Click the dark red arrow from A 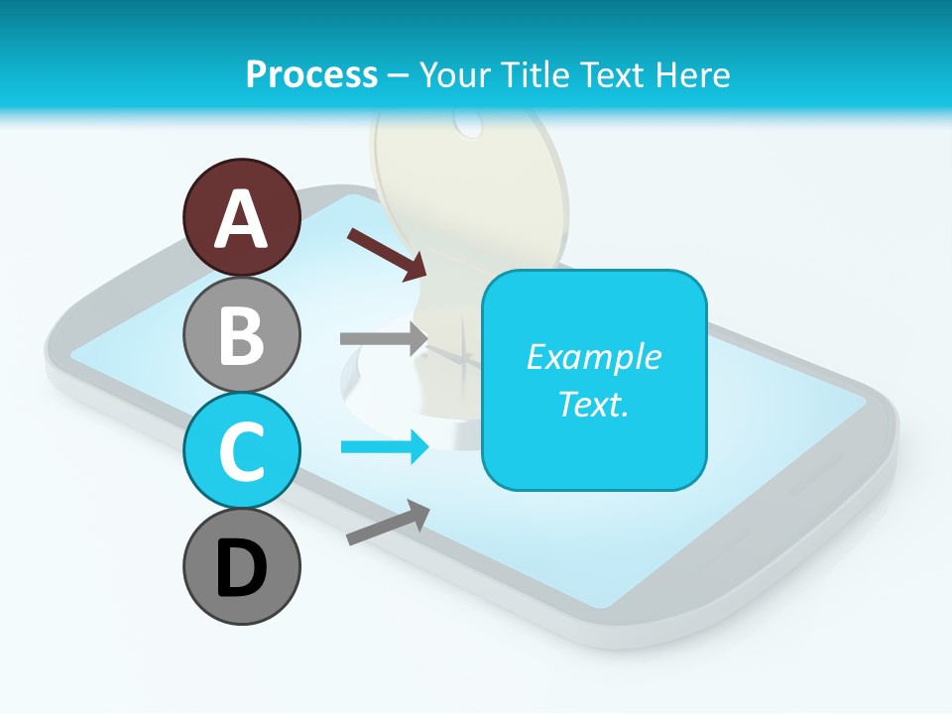click(387, 253)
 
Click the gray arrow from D click(388, 523)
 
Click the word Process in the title click(311, 74)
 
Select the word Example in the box click(594, 357)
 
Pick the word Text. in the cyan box click(594, 404)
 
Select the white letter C click(241, 452)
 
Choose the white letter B click(241, 336)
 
